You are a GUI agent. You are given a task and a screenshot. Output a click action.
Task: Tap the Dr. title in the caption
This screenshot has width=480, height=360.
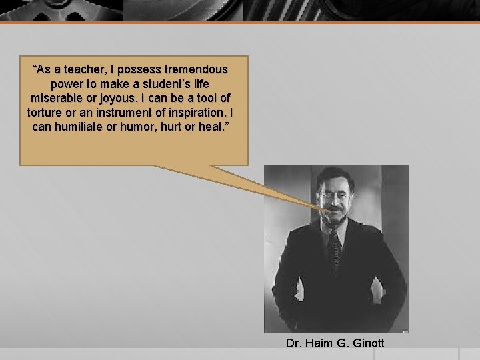(x=294, y=343)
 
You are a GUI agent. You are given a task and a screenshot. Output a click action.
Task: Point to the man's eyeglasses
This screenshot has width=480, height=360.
(x=335, y=195)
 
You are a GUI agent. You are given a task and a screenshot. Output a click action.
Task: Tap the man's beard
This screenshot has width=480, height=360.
(x=335, y=217)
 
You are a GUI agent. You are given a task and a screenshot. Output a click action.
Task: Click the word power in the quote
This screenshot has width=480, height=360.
(x=66, y=84)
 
